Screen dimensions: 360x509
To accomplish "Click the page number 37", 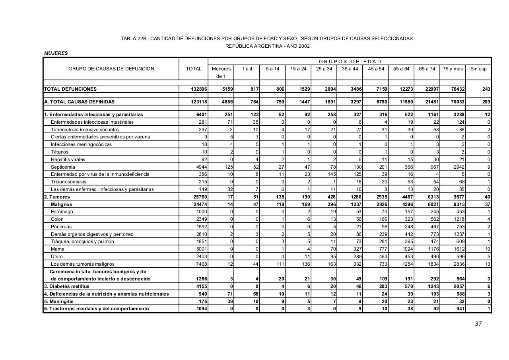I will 478,324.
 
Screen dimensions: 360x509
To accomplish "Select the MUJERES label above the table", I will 56,53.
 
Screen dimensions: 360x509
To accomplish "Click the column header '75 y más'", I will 453,69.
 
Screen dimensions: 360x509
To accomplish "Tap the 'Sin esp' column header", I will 478,69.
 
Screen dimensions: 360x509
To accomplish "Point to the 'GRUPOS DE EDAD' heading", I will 350,61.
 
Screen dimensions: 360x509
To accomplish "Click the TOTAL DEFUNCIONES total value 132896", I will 199,90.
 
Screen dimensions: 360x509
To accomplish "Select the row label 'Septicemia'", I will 63,167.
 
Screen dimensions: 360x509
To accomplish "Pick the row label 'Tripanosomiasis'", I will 68,182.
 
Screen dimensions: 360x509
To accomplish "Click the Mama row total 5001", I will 202,249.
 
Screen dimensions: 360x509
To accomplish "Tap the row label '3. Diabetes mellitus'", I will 67,286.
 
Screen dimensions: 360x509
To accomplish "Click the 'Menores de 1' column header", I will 221,72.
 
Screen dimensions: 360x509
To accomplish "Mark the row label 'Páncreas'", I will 61,227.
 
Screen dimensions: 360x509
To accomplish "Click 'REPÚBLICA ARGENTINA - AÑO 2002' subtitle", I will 267,46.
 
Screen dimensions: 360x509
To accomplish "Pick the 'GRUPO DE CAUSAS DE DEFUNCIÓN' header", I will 111,69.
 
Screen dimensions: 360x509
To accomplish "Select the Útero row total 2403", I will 202,257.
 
